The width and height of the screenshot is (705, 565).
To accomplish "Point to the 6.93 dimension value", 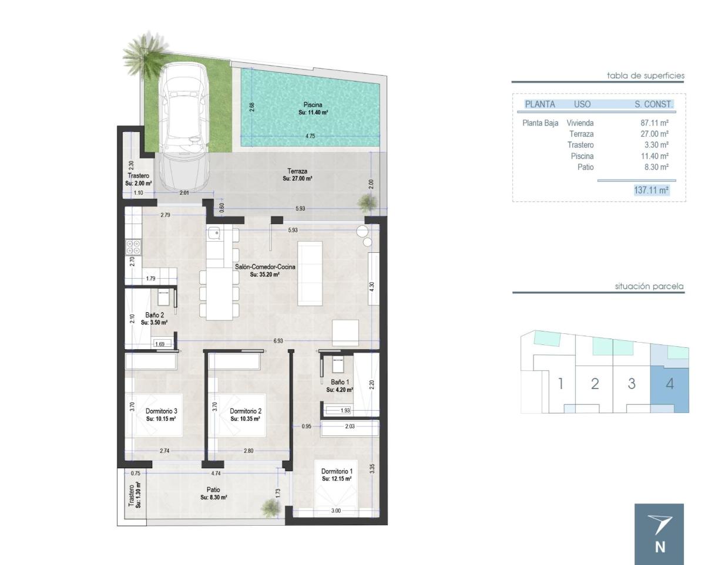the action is tap(278, 340).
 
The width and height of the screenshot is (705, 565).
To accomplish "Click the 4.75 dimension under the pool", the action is tap(310, 136).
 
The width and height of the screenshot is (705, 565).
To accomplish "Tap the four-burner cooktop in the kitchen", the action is tap(133, 247).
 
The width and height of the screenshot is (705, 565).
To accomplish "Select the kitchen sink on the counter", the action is tap(214, 234).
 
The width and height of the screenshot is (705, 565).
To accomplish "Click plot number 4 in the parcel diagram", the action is tap(670, 384).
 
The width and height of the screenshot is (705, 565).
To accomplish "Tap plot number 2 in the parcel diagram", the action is tap(595, 384).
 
